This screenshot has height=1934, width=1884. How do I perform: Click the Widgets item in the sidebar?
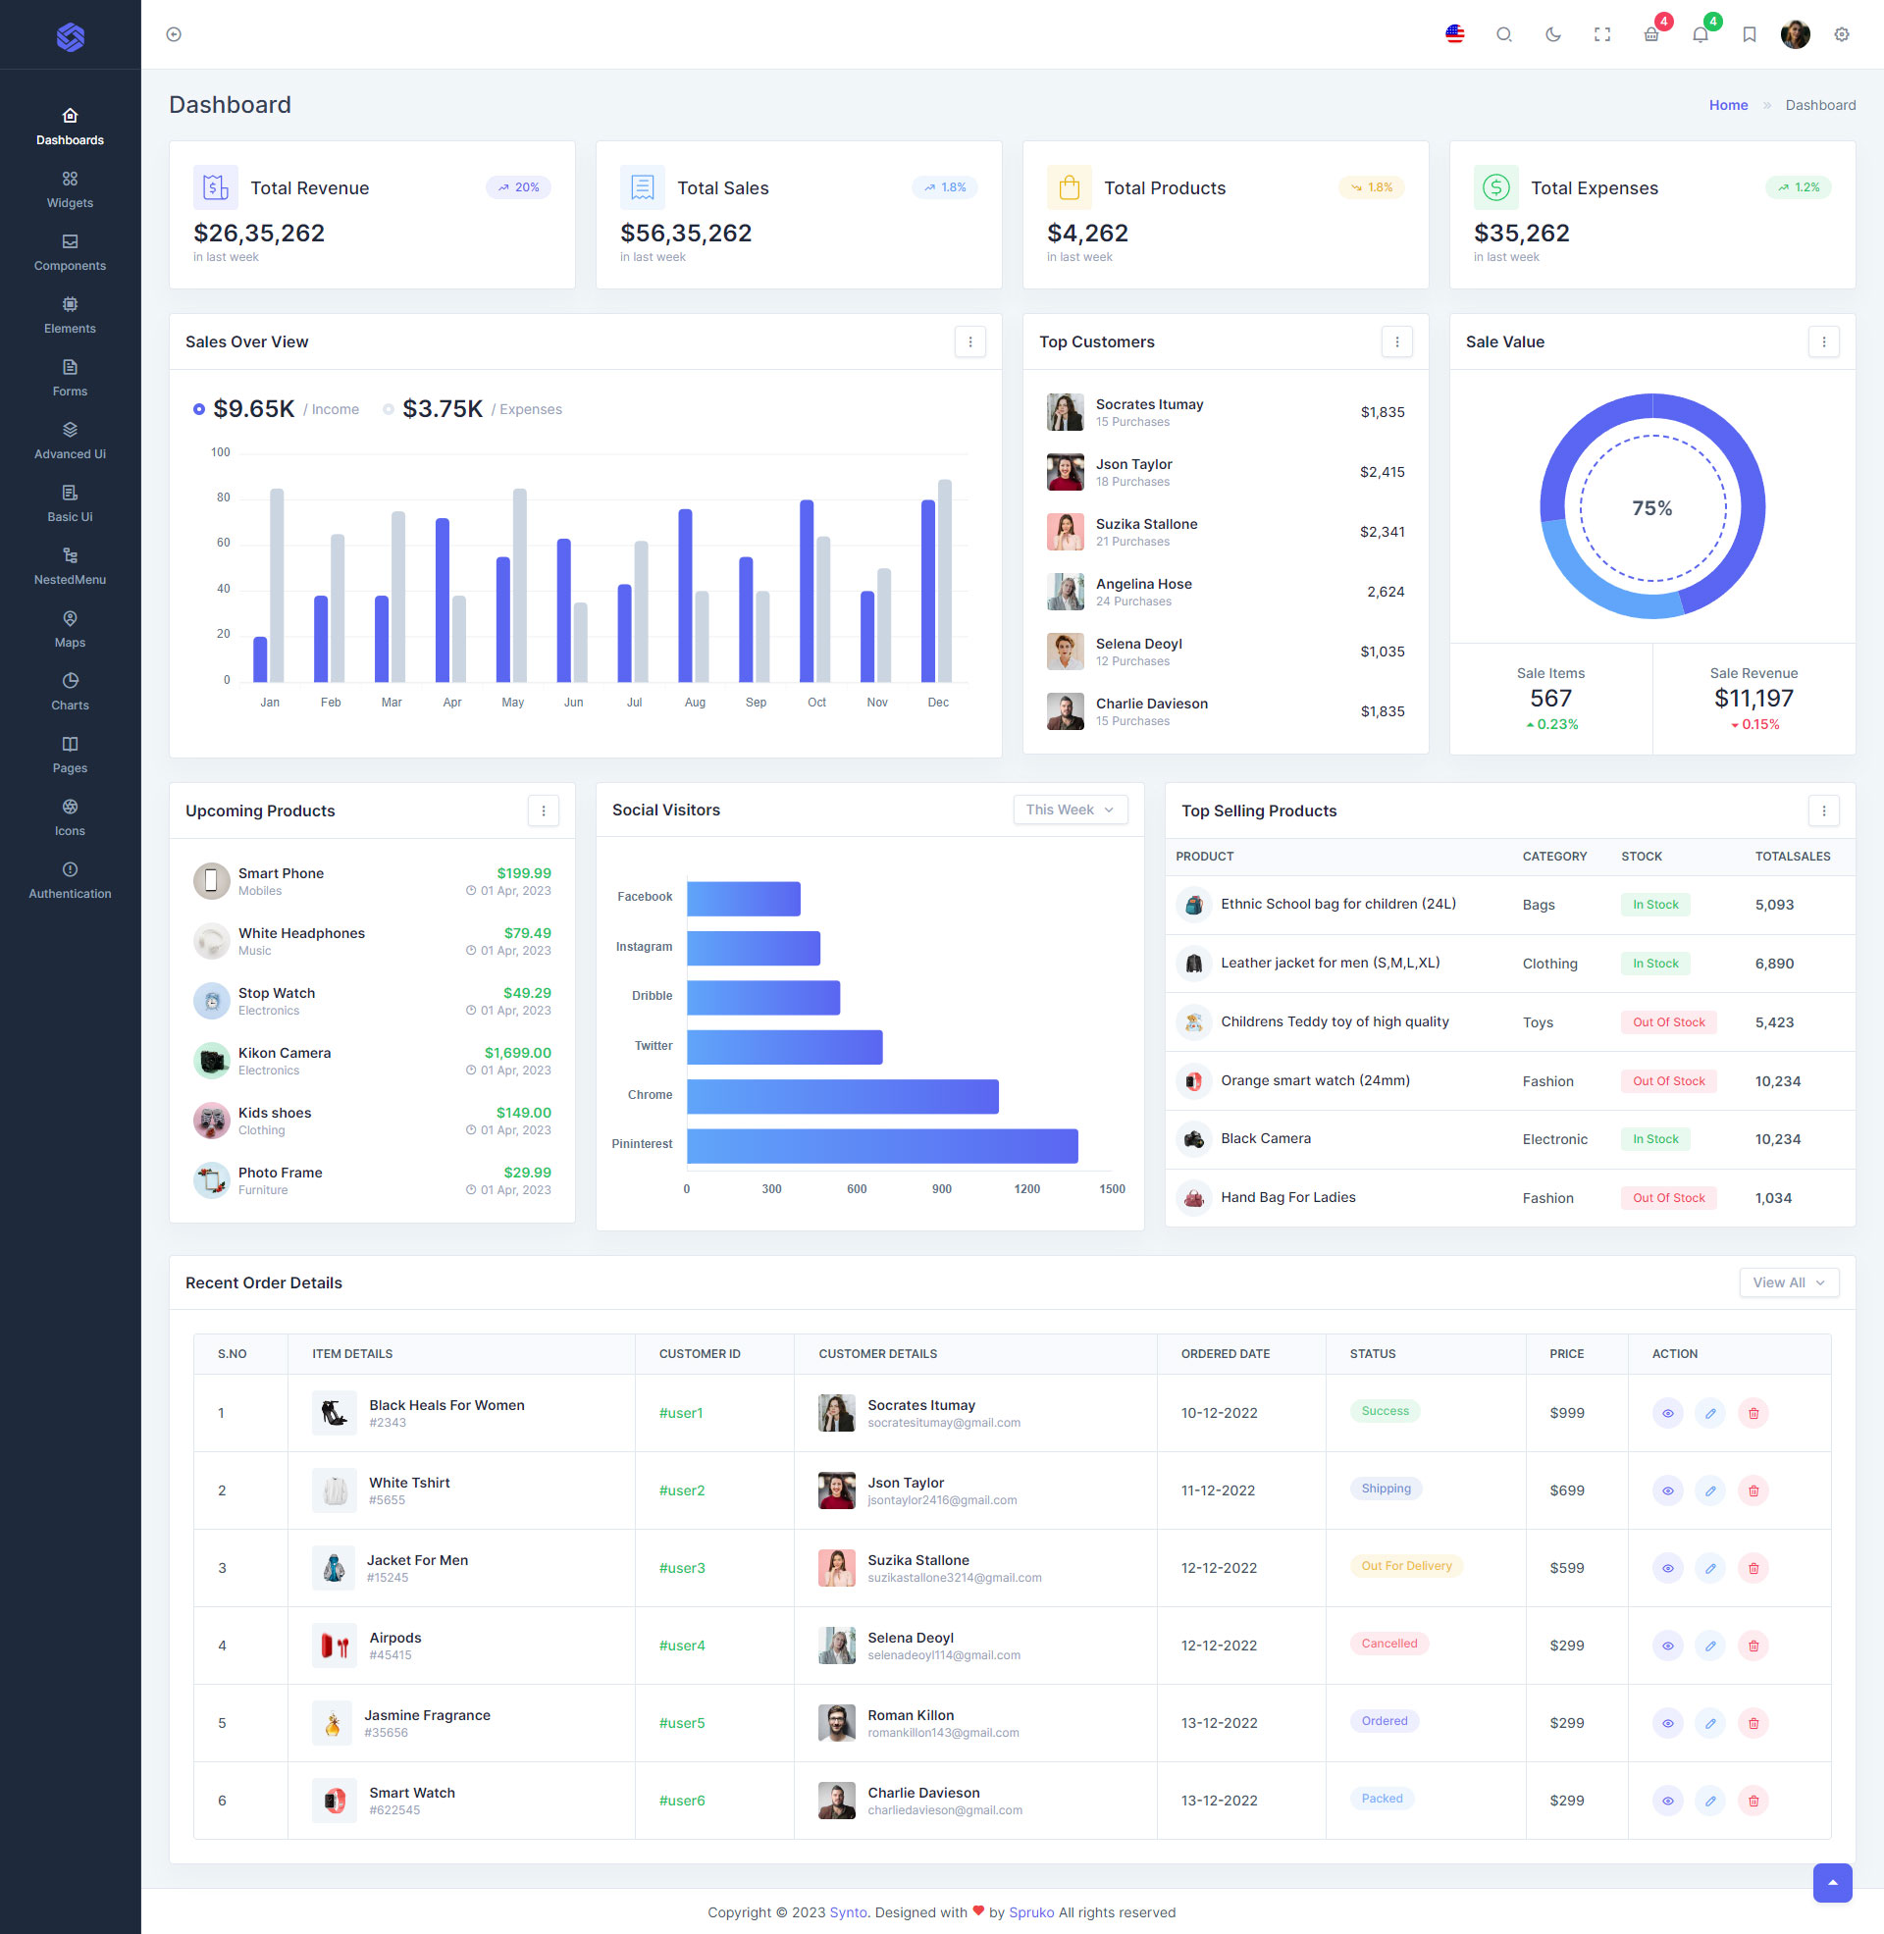[70, 189]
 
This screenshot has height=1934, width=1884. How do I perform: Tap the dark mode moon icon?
[1552, 34]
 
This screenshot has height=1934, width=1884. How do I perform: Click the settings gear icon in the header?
[1841, 34]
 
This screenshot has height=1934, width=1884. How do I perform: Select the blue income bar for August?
[685, 595]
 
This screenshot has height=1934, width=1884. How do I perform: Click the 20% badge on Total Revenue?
[518, 187]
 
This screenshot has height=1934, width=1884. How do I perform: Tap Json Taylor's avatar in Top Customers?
[1065, 472]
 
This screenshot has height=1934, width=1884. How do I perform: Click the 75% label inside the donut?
[1651, 507]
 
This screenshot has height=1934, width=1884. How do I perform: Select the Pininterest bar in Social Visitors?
[881, 1145]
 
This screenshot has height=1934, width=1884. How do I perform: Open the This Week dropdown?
[1070, 810]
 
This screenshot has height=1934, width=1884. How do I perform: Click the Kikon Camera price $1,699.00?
[517, 1053]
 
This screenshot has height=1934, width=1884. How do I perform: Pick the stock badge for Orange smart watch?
[1667, 1080]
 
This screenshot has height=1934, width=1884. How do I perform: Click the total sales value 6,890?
[1773, 963]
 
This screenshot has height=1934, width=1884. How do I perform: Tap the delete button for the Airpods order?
[1753, 1646]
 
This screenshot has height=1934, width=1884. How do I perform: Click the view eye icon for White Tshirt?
[1667, 1490]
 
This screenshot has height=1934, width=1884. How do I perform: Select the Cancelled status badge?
[1388, 1644]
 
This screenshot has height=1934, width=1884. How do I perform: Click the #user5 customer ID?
[682, 1722]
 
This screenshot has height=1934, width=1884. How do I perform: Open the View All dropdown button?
[1788, 1282]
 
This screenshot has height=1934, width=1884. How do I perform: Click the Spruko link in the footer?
[1031, 1912]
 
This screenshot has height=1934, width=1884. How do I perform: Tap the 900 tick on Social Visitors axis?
[941, 1189]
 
